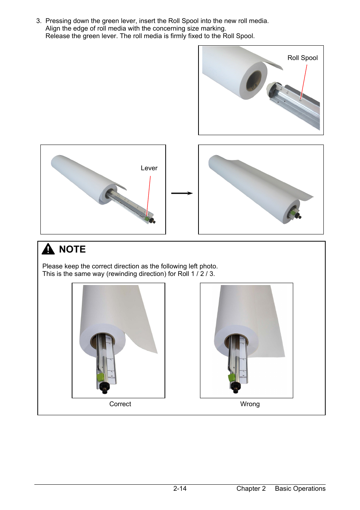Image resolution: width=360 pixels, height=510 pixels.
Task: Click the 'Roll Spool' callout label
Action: tap(302, 58)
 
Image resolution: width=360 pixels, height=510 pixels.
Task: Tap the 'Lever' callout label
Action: tap(149, 168)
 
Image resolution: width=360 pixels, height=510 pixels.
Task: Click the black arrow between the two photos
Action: tap(182, 193)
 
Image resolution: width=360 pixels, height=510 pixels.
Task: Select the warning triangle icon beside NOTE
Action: tap(48, 249)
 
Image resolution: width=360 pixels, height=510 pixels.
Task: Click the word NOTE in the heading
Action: tap(72, 249)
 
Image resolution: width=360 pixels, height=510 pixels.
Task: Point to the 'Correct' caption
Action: tap(120, 404)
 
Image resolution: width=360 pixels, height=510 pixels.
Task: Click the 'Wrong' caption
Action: tap(250, 404)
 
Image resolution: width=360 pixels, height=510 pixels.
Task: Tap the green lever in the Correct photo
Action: tap(100, 377)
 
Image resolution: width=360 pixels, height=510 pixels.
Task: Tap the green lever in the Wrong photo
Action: tap(232, 378)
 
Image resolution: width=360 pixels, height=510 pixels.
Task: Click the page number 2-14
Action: tap(180, 488)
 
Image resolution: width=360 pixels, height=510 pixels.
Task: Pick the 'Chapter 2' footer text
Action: tap(251, 488)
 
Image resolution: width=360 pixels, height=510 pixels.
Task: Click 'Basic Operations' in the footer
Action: tap(300, 488)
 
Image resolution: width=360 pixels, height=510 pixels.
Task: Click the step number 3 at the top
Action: tap(39, 21)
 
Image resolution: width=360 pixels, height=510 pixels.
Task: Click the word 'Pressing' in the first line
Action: tap(58, 21)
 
